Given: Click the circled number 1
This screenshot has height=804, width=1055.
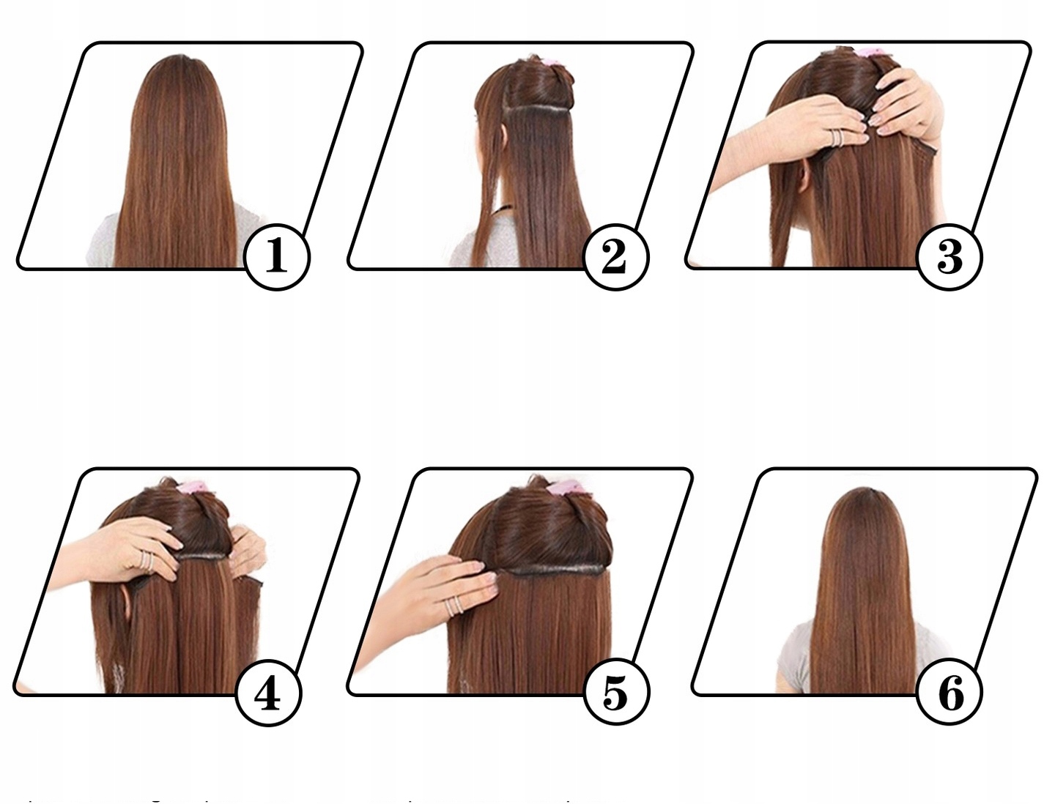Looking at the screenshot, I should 276,257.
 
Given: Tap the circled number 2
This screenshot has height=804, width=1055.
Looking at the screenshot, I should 615,257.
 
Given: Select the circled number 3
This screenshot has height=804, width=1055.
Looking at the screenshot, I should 949,257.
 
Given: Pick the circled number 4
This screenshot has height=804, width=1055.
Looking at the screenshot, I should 268,693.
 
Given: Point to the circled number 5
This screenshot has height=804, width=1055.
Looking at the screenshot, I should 616,693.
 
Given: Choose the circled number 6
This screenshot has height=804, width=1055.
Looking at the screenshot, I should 949,693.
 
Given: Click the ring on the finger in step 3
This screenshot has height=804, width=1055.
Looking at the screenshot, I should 837,137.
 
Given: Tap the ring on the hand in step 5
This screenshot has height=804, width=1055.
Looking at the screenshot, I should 455,606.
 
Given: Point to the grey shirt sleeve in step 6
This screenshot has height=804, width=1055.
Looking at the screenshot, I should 793,659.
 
